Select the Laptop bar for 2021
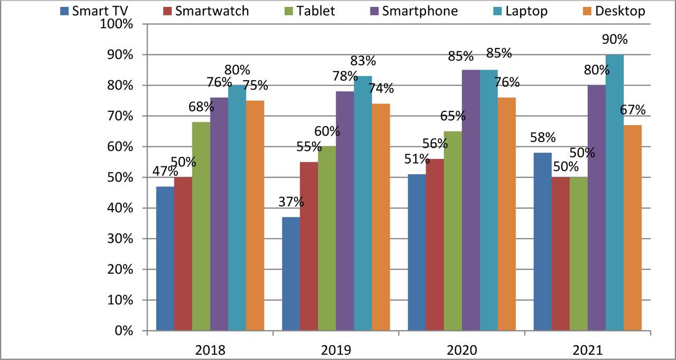614,193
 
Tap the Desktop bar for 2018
255,215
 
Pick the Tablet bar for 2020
453,231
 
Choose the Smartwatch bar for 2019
309,246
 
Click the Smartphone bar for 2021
596,208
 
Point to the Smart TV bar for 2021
542,242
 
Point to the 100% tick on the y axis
118,24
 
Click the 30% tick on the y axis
121,239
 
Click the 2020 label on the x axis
462,350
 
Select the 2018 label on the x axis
210,350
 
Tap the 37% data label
291,202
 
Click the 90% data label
614,40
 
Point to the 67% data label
632,110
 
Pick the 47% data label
165,171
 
